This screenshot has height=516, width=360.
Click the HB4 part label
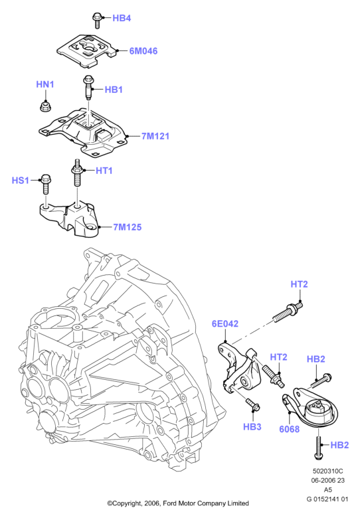[x=122, y=18]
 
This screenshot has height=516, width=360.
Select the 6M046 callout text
[x=143, y=51]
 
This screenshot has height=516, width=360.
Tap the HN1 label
[x=45, y=84]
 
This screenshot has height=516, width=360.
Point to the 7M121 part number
[x=155, y=136]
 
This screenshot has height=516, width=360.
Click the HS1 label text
[x=21, y=181]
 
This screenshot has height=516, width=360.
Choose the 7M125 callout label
[x=128, y=227]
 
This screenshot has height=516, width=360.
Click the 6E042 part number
[x=225, y=324]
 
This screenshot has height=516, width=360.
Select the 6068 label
[x=289, y=429]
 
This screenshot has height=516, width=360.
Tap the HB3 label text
[x=252, y=427]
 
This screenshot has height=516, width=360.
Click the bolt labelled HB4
[x=97, y=20]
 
